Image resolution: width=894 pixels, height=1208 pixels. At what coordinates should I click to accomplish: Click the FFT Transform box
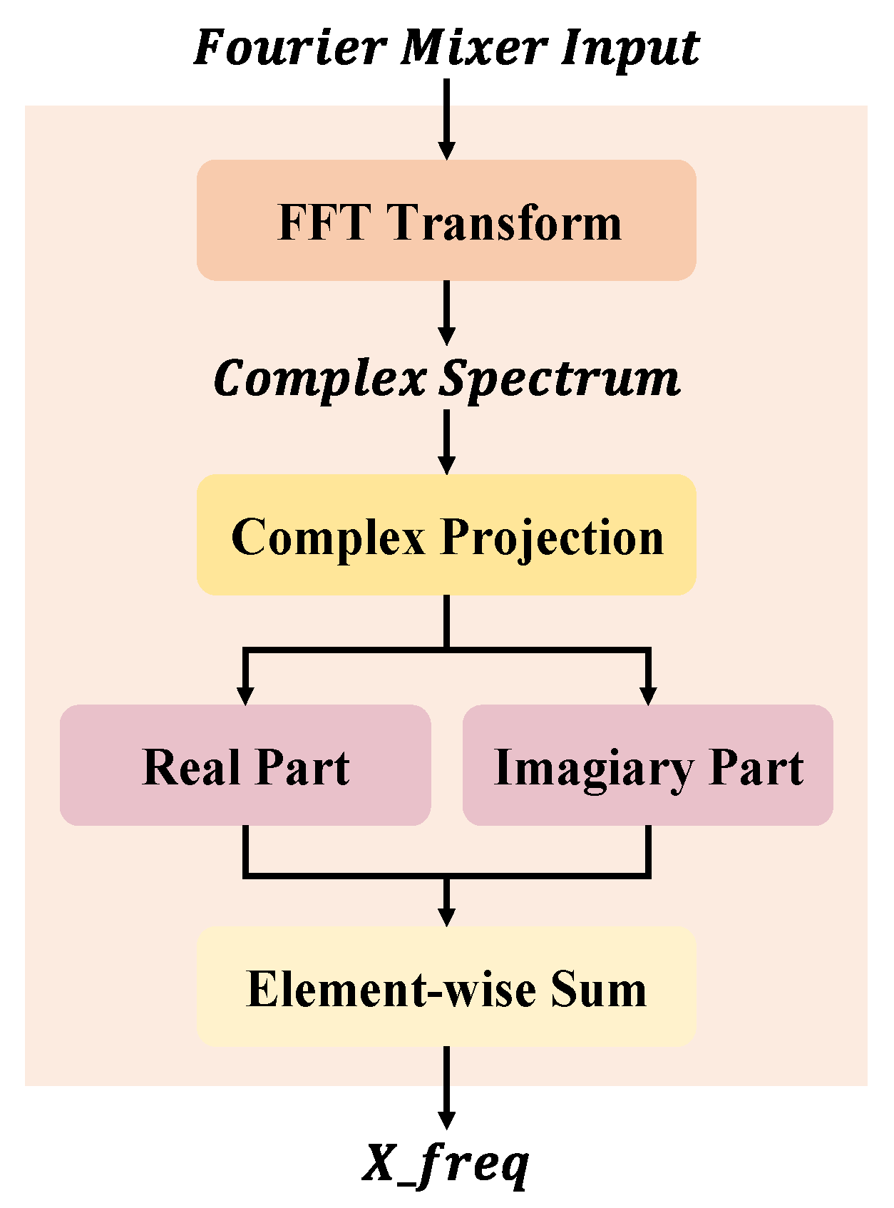pyautogui.click(x=446, y=220)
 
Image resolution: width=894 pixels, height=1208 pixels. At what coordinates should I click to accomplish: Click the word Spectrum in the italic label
pyautogui.click(x=560, y=379)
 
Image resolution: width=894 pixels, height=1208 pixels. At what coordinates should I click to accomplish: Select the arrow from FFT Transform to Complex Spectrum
pyautogui.click(x=446, y=313)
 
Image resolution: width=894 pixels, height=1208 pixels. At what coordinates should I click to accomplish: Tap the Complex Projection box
pyautogui.click(x=446, y=535)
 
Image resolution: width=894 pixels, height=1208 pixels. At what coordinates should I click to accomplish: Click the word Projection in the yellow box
pyautogui.click(x=553, y=538)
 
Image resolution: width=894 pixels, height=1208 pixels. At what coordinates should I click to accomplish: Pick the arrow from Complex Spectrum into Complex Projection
pyautogui.click(x=446, y=443)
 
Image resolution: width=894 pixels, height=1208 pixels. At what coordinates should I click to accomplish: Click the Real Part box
pyautogui.click(x=245, y=766)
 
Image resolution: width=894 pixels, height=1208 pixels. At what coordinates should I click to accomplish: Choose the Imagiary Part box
pyautogui.click(x=648, y=766)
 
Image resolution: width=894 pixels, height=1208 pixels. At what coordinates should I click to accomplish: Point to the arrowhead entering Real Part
pyautogui.click(x=245, y=694)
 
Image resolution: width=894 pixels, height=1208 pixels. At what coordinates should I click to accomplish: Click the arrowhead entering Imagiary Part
pyautogui.click(x=648, y=694)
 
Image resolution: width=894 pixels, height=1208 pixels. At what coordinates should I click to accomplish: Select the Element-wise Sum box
pyautogui.click(x=446, y=988)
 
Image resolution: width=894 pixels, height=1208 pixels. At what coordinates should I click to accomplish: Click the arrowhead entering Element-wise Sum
pyautogui.click(x=446, y=916)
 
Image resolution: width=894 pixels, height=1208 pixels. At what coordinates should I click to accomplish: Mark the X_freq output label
pyautogui.click(x=446, y=1164)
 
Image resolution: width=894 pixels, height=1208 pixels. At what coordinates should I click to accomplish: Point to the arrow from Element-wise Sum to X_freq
pyautogui.click(x=446, y=1087)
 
